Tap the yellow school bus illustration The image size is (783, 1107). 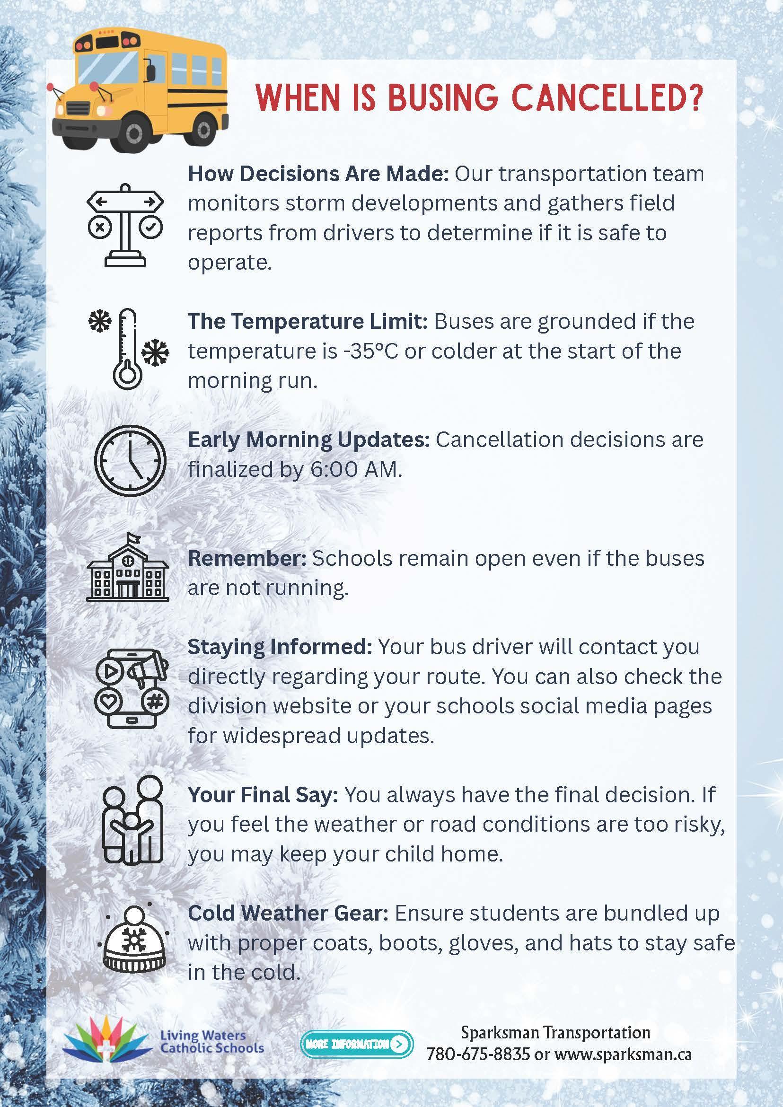pos(140,89)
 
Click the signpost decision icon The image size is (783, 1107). pos(125,225)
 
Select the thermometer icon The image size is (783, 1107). pos(128,349)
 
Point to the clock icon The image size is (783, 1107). pos(130,461)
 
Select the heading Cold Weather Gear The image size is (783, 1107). pos(288,913)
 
